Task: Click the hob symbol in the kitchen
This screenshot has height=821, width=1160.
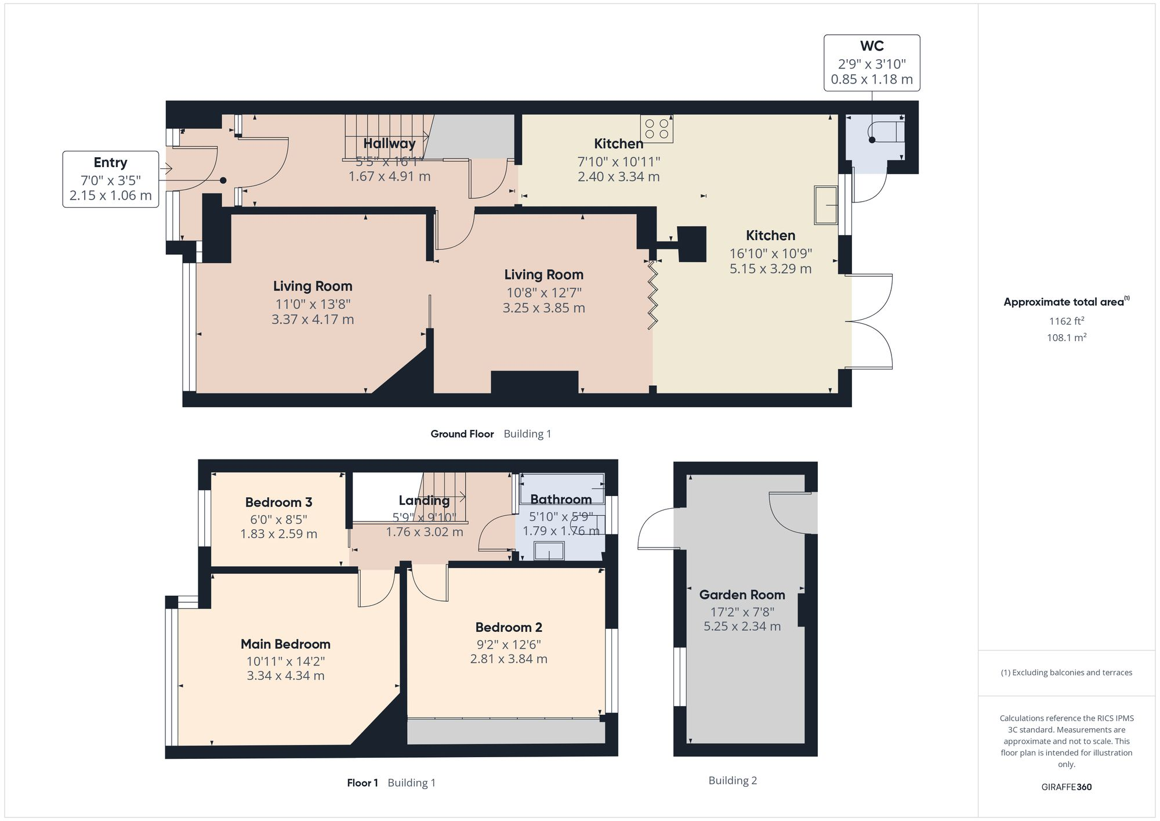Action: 657,129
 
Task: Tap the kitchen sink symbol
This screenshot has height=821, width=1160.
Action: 826,204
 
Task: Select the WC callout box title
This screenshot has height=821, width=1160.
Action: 872,46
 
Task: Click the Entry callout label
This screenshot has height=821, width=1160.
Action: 110,162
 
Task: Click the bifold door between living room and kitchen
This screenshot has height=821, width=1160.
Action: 652,295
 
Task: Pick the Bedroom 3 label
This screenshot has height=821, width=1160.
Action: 278,502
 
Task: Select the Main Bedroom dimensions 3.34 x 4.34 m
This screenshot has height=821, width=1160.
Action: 285,675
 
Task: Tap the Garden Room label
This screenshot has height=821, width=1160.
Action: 742,595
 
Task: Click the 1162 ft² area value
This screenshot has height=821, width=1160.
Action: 1066,321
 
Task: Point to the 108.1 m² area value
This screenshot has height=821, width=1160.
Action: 1066,337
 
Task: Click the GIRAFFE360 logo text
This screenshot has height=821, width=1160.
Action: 1066,787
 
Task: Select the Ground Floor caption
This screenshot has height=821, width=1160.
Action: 462,434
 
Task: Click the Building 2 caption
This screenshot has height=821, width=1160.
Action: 733,780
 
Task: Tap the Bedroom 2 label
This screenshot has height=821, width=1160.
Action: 509,627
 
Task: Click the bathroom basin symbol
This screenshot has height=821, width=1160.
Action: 549,551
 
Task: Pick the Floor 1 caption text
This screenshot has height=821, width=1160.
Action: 362,783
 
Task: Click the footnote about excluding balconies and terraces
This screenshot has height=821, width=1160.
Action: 1066,672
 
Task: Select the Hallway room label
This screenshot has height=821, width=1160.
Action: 389,143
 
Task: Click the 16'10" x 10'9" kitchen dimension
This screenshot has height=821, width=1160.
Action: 770,254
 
